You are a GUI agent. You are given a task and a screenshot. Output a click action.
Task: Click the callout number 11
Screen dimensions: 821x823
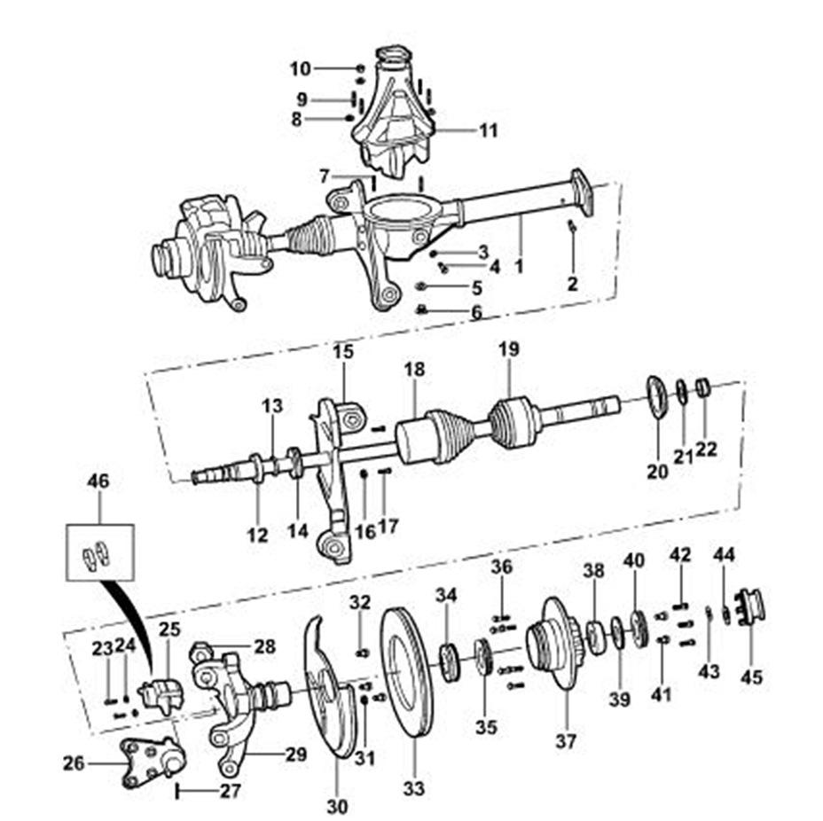(489, 131)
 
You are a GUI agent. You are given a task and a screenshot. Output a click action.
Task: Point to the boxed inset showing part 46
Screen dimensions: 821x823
(99, 552)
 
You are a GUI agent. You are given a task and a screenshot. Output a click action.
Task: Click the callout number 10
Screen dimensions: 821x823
(301, 68)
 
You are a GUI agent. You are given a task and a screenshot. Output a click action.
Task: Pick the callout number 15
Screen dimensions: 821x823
(342, 352)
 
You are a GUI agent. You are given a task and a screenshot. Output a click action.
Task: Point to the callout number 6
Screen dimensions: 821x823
(476, 312)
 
